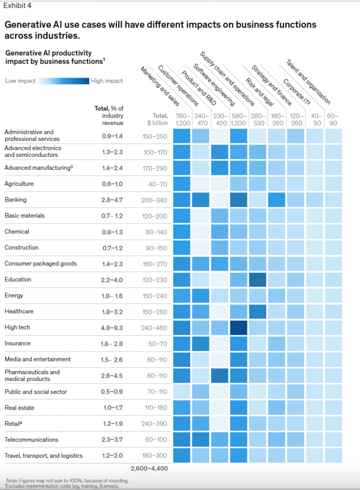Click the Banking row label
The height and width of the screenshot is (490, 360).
tap(16, 200)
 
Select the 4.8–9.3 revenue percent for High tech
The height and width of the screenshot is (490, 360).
tap(112, 327)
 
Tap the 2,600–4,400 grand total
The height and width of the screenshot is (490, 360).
tap(148, 468)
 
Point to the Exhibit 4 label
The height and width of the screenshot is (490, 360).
tap(17, 6)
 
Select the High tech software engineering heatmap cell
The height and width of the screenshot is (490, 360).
tap(238, 327)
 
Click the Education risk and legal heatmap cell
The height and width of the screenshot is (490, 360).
tap(258, 280)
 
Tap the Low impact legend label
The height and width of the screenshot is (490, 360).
tap(20, 81)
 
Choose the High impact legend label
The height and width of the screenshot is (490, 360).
tap(107, 81)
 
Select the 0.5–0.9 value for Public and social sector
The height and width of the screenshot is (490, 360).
tap(112, 392)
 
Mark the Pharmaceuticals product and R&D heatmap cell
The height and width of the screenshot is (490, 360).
tap(219, 375)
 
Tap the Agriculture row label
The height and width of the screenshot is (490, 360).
tap(19, 184)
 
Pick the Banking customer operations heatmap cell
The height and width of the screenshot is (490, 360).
tap(200, 200)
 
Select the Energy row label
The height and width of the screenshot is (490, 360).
tap(15, 295)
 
